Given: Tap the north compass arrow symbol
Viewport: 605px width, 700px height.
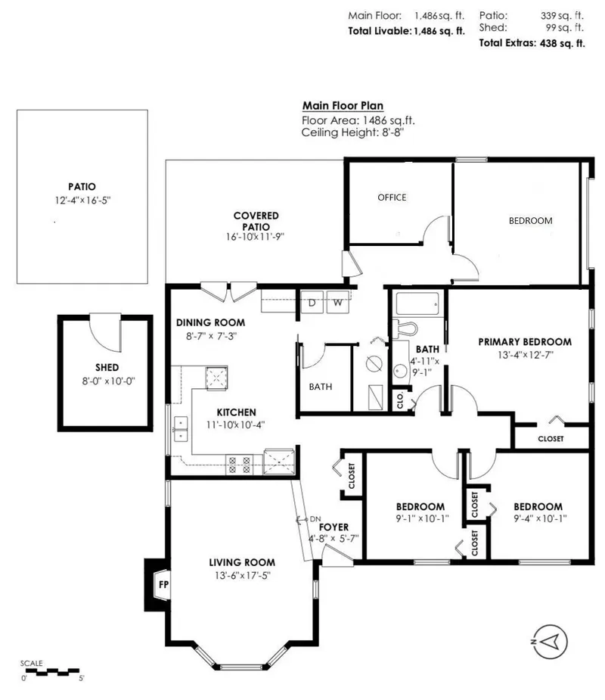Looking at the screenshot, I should (x=551, y=640).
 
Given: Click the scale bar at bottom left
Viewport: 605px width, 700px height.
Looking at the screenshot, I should (x=51, y=669).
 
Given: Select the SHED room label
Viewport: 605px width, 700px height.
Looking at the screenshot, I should (x=97, y=369).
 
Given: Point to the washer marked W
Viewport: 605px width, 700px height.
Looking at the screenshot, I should (x=339, y=303).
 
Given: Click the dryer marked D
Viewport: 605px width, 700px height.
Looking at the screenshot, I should (x=312, y=303).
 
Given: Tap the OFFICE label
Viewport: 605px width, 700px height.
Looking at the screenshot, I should (x=392, y=198).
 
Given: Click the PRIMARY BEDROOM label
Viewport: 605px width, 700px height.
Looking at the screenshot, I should (x=525, y=341).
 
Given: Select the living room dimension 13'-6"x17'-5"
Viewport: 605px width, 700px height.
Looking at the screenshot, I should (x=242, y=574).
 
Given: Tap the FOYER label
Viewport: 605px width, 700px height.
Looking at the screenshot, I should (x=333, y=527).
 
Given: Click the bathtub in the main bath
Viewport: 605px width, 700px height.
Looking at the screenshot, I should (x=415, y=305).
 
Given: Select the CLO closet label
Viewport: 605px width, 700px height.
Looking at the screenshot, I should (x=399, y=400).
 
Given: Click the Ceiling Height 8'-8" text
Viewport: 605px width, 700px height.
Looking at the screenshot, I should (x=352, y=132).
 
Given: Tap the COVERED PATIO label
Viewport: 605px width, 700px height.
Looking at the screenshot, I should (x=256, y=220).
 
